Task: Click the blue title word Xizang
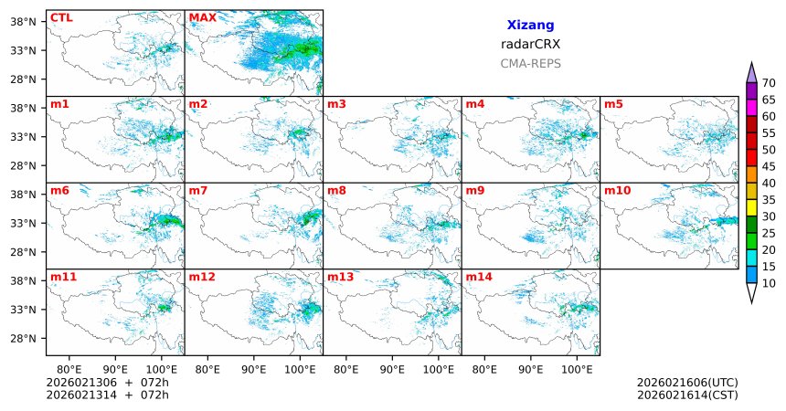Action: point(530,26)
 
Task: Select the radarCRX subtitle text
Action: point(530,44)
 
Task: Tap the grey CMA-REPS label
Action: point(530,64)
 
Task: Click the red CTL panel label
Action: point(61,17)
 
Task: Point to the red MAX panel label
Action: point(202,17)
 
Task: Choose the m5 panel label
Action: point(612,104)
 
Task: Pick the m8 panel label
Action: point(336,191)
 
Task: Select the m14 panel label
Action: point(478,277)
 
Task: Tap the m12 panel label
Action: point(201,277)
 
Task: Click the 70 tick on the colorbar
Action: point(769,82)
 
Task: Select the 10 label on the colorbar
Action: point(769,284)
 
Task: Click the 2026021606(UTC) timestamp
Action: point(687,383)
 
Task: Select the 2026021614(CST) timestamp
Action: point(687,395)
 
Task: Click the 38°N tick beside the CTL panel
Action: point(21,21)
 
